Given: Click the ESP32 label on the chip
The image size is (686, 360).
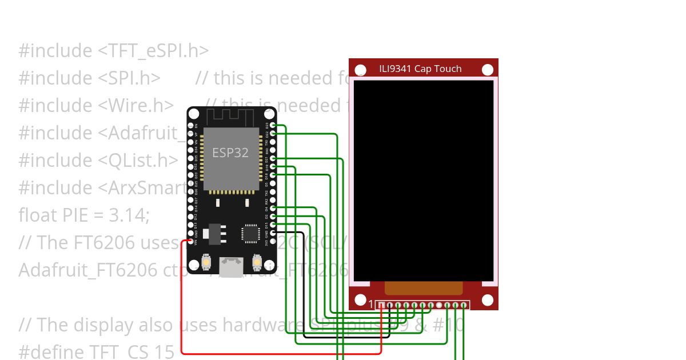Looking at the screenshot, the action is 230,153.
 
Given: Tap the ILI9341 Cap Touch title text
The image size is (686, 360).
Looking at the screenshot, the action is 420,69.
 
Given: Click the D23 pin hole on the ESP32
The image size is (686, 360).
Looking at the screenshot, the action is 273,125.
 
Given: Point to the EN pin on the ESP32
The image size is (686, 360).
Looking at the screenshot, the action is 190,125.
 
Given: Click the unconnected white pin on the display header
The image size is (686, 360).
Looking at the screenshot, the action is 438,305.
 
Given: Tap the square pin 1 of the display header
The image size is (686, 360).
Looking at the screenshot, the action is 381,305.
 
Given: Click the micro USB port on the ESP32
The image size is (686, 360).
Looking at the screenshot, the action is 231,266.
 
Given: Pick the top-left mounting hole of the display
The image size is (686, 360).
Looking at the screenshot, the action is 361,70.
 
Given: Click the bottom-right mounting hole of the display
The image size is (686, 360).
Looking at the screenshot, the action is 487,300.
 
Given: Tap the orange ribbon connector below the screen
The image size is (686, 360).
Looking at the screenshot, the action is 423,288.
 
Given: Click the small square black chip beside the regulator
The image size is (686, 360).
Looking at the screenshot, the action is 250,233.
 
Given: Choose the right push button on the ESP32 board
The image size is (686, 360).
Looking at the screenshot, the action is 257,263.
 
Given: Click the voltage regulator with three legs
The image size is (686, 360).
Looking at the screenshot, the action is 214,233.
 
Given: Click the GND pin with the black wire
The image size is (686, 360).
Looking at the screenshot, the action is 273,233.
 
